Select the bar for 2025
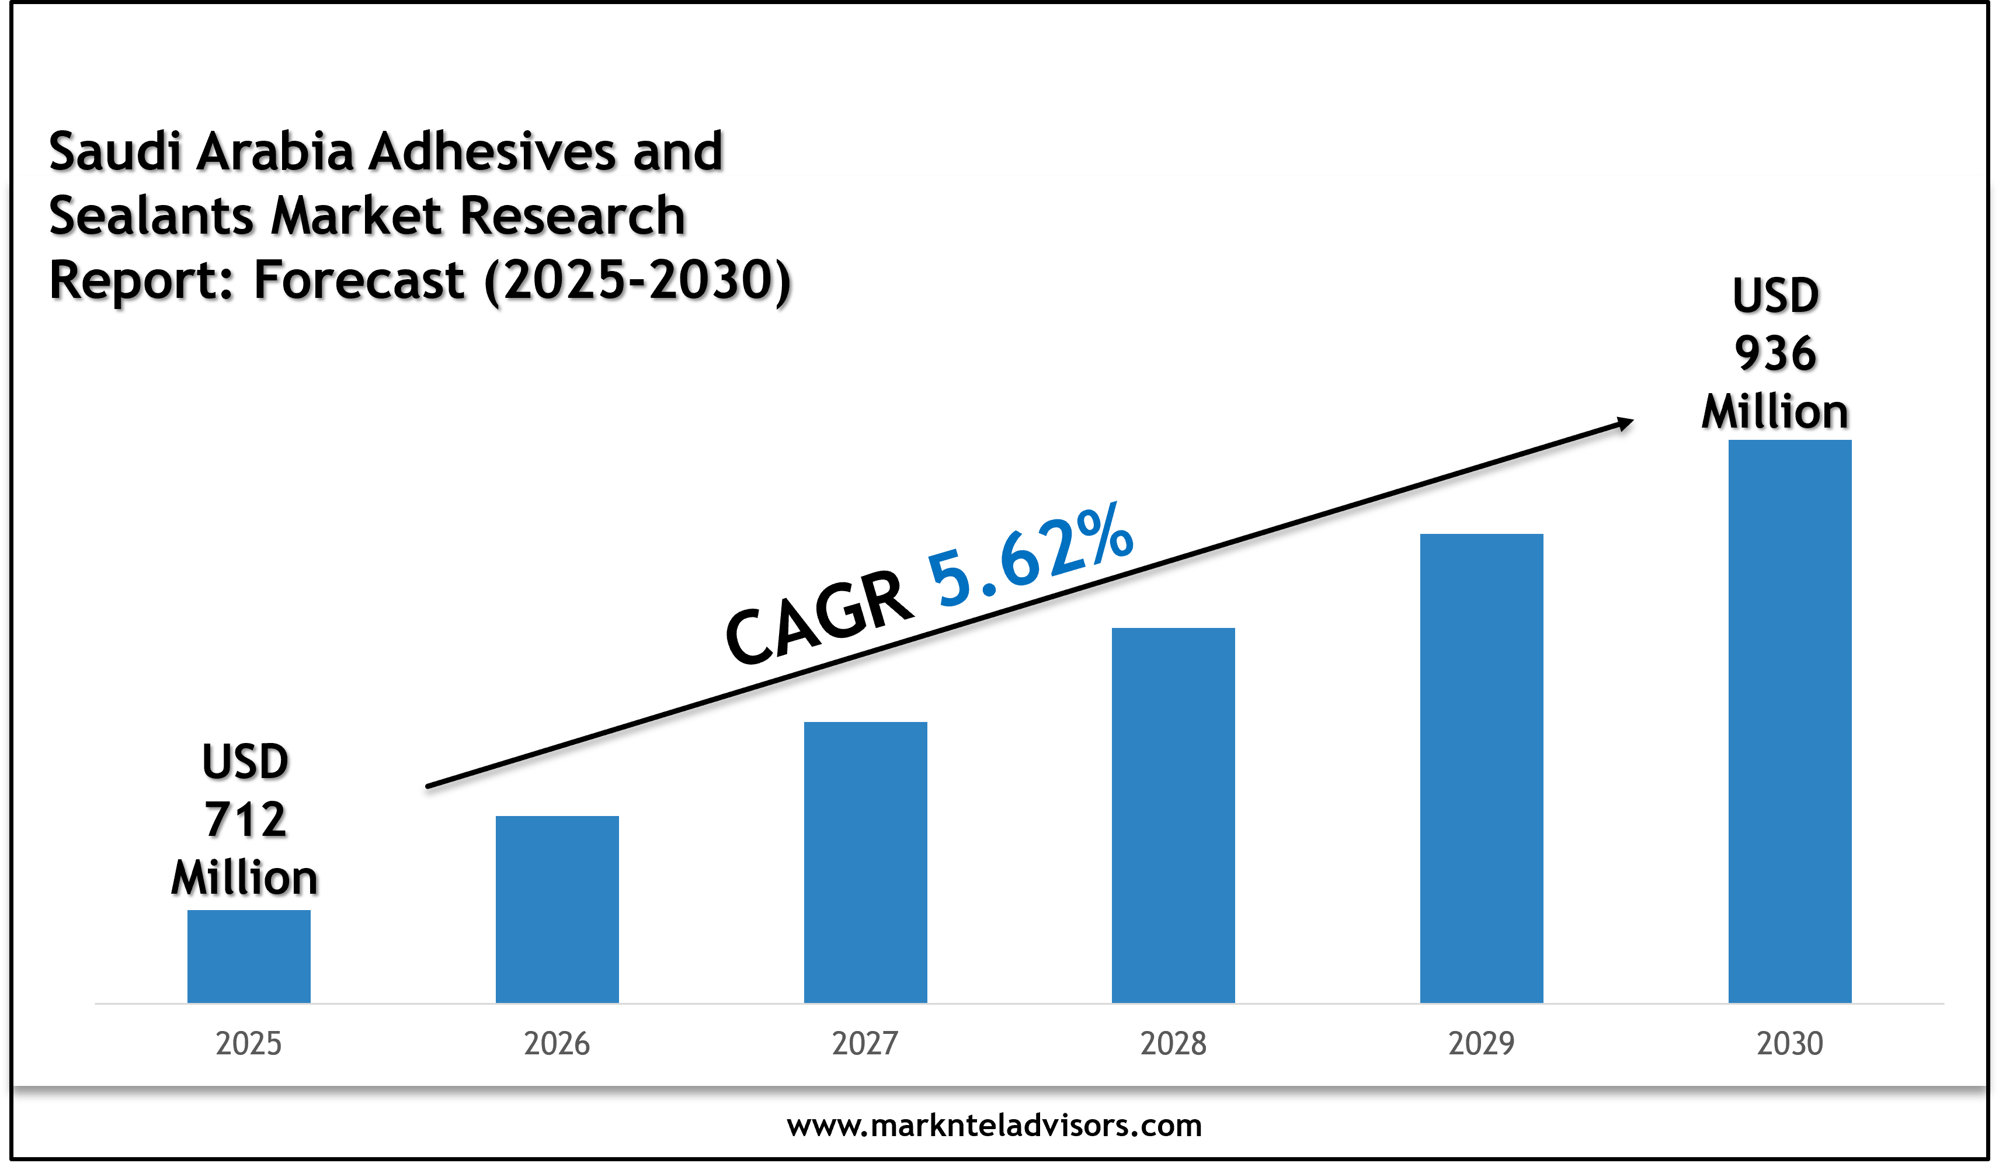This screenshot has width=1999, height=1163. [x=248, y=956]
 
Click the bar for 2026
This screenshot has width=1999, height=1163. [x=557, y=909]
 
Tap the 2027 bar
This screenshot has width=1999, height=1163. [x=865, y=862]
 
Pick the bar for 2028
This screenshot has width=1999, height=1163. [x=1173, y=815]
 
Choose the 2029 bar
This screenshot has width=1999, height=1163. [x=1481, y=768]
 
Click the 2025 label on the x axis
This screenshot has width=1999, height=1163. [x=248, y=1043]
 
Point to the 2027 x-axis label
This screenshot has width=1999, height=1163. [x=865, y=1043]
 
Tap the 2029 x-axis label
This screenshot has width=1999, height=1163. [x=1481, y=1043]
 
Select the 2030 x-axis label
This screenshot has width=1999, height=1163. [x=1789, y=1043]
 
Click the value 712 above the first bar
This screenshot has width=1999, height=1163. [x=245, y=820]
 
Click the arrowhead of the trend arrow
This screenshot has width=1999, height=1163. [x=1625, y=423]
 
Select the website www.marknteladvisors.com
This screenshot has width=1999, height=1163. [x=994, y=1125]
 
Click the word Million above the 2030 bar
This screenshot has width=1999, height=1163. [x=1775, y=412]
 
